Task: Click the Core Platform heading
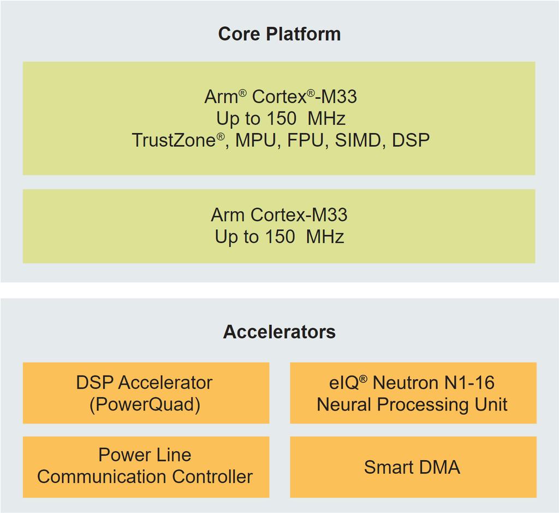[279, 34]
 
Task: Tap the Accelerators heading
[279, 332]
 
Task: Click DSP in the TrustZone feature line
[411, 141]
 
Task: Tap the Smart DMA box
[412, 467]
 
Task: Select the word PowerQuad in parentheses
[145, 405]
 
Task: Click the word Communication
[102, 476]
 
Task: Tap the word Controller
[212, 476]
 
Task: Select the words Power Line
[145, 455]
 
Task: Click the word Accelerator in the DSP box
[165, 383]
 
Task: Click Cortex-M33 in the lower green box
[299, 214]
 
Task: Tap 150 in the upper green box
[280, 118]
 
